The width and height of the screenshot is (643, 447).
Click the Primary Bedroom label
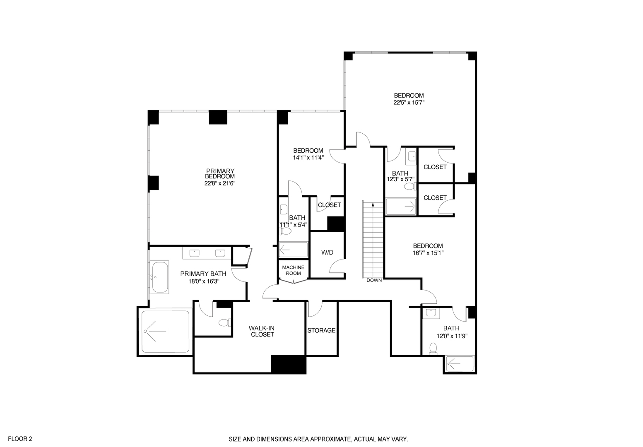click(220, 173)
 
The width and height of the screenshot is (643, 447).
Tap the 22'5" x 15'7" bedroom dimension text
click(409, 102)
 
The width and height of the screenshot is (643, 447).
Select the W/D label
click(327, 252)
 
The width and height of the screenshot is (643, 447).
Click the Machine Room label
click(293, 270)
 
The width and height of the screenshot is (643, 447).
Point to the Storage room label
click(321, 330)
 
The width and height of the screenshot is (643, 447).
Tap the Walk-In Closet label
click(261, 331)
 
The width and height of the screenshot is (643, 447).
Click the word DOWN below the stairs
click(374, 280)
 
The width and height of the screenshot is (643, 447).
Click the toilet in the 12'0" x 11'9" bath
click(433, 348)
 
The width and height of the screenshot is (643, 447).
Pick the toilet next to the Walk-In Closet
click(224, 322)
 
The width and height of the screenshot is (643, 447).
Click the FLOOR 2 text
click(20, 439)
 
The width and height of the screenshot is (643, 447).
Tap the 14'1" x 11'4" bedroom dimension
click(308, 157)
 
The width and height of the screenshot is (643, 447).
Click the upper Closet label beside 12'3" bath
click(435, 167)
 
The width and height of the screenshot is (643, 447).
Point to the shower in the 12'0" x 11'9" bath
click(460, 364)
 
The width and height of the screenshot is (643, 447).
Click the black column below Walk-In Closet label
click(288, 364)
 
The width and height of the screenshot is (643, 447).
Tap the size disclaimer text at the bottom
click(319, 439)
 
